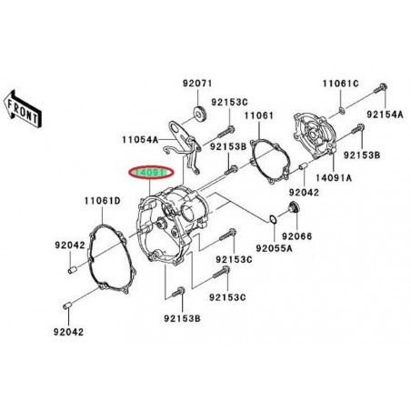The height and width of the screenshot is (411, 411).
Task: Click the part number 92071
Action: [x=195, y=83]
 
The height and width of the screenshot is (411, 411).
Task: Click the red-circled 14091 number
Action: [x=150, y=171]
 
